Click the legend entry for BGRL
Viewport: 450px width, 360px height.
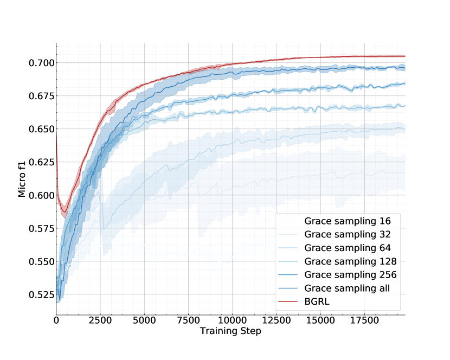point(317,301)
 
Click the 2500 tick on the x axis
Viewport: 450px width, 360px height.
point(100,321)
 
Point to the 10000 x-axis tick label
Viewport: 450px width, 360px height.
point(232,321)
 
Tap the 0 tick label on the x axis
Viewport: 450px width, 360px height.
point(56,321)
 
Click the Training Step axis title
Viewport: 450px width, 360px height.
point(230,331)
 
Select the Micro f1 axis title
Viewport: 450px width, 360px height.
point(22,178)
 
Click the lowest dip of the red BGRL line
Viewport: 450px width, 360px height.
point(64,211)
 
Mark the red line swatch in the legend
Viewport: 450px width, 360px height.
point(289,301)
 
